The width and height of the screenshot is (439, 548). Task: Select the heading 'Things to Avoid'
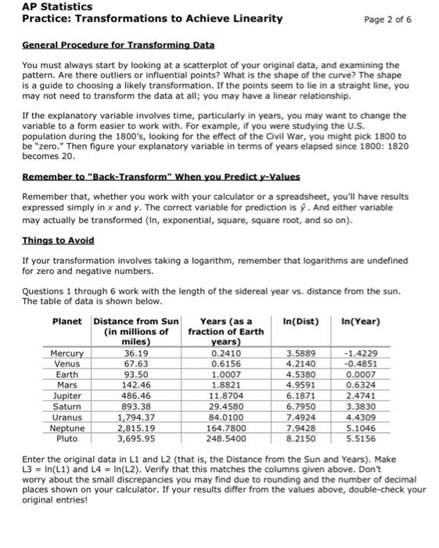click(58, 240)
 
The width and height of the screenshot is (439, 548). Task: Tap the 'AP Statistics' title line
click(52, 5)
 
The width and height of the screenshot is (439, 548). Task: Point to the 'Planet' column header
click(68, 321)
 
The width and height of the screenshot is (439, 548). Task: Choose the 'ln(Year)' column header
click(361, 321)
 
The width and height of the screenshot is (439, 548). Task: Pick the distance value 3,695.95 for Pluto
click(137, 440)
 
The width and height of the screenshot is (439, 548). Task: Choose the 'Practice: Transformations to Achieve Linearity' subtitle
click(153, 18)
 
